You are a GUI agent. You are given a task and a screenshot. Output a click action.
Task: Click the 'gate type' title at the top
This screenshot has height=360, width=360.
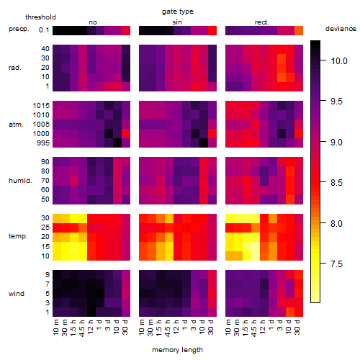click(178, 12)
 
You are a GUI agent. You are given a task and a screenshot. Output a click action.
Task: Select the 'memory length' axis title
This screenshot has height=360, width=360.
click(177, 350)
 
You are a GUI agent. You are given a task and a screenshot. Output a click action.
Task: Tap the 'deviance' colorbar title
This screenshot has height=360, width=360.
click(341, 29)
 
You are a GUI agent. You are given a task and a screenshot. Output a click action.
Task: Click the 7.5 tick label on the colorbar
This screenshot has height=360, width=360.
click(336, 264)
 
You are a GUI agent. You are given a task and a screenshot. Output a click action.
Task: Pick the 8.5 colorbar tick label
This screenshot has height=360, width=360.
click(336, 183)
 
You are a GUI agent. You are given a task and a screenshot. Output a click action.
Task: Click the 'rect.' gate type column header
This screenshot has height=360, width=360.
click(262, 22)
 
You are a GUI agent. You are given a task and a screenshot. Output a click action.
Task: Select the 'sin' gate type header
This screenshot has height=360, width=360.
click(177, 22)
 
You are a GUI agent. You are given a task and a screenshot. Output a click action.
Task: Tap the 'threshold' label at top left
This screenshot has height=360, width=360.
click(40, 17)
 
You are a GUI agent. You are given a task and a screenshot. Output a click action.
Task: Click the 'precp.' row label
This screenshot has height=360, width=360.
click(19, 29)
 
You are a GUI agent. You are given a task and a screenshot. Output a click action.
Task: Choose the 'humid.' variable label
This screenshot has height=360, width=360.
click(20, 181)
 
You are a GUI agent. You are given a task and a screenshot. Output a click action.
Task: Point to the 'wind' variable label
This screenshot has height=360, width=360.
click(17, 294)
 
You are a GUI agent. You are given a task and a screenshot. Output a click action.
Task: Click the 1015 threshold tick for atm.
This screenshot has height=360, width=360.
click(41, 106)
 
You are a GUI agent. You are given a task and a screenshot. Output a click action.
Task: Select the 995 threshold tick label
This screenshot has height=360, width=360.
click(43, 143)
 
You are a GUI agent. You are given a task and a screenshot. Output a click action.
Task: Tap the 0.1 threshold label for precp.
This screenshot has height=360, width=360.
click(44, 30)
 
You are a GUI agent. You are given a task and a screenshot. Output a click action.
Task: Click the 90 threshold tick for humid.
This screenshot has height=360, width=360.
click(45, 162)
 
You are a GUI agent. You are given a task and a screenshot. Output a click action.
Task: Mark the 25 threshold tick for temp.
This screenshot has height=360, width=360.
click(45, 227)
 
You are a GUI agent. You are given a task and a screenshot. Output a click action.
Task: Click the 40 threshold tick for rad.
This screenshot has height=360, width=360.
click(45, 49)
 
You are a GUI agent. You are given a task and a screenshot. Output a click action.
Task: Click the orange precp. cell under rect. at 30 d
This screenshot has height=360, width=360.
click(299, 30)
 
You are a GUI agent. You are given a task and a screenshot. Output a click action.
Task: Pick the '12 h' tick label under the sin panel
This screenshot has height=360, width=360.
click(176, 327)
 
